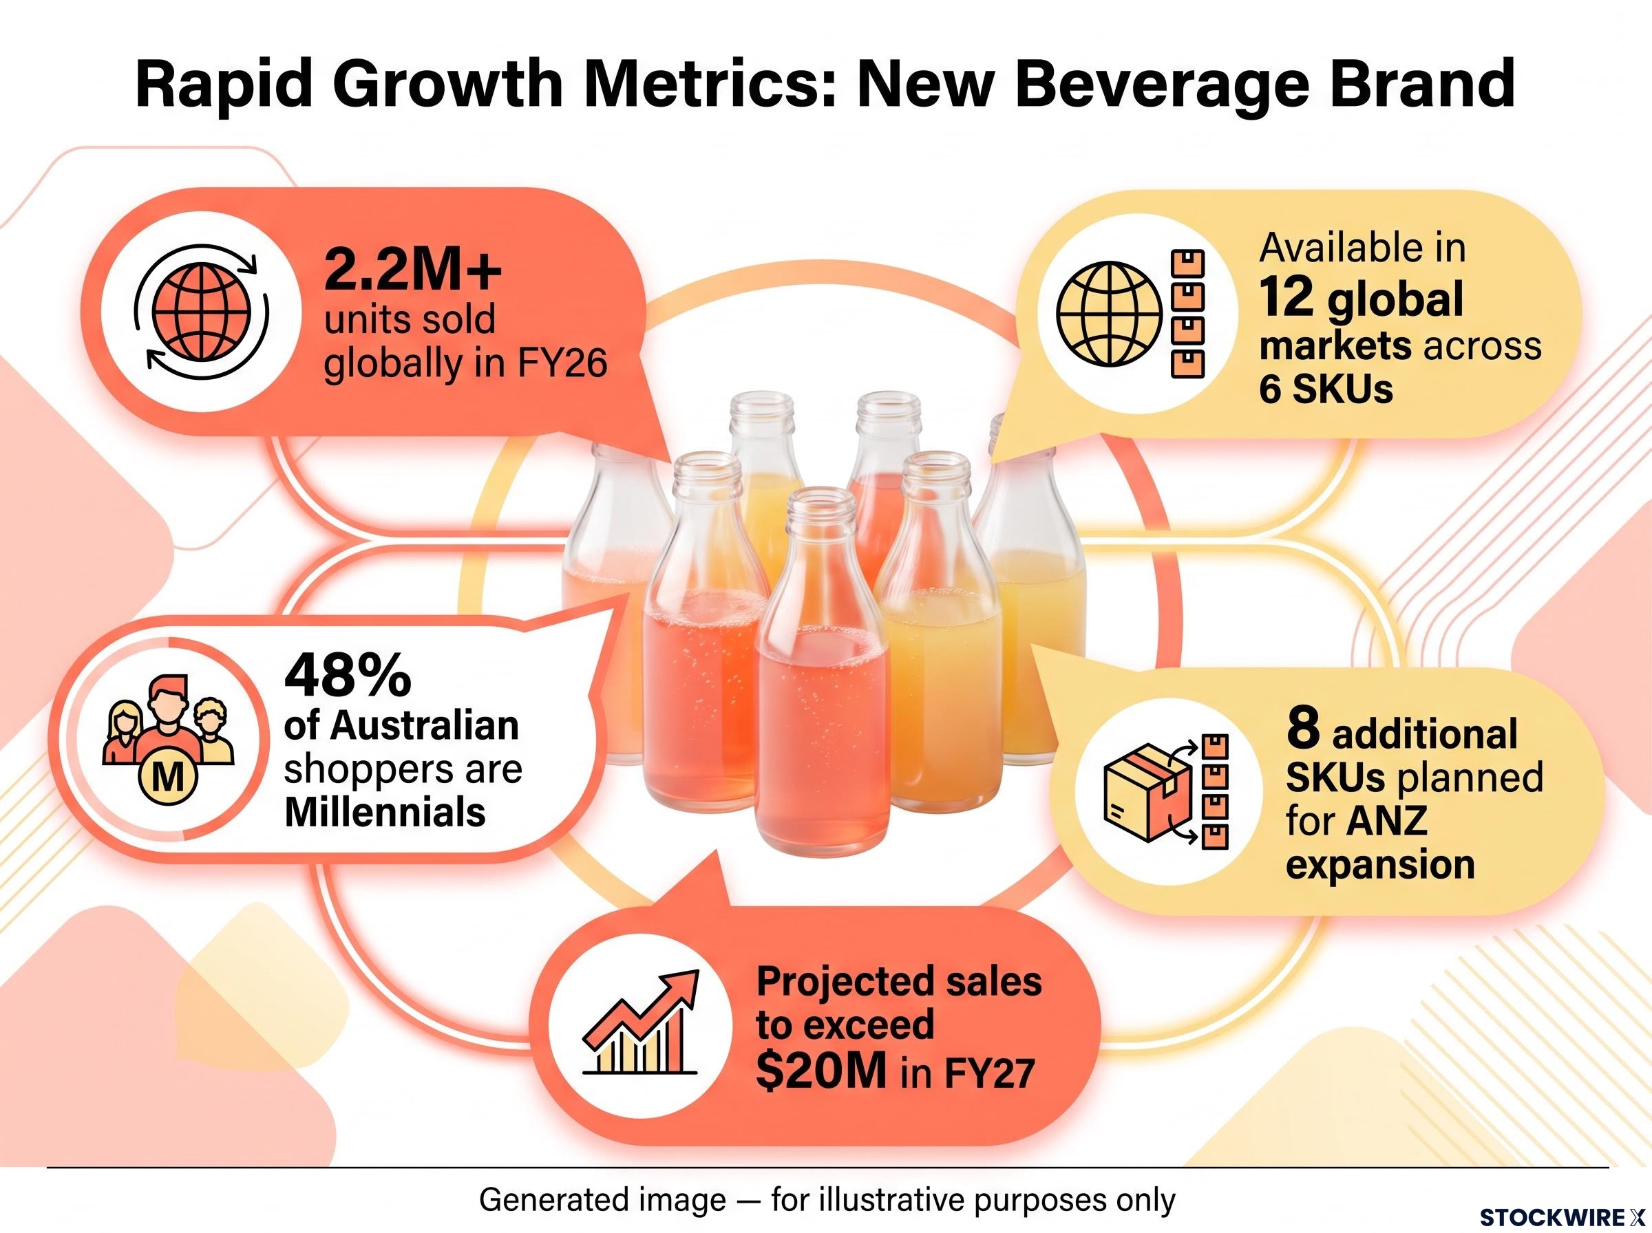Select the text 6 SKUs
[1326, 389]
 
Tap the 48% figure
[348, 674]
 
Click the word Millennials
[385, 812]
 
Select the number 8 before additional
[1302, 730]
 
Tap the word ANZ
[1388, 821]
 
